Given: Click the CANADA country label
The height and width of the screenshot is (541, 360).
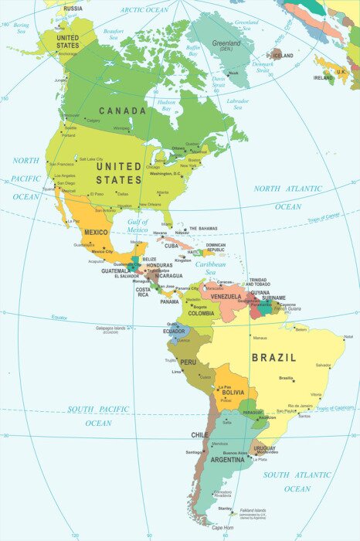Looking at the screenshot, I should point(121,111).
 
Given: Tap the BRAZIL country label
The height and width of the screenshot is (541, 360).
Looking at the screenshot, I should point(273,358).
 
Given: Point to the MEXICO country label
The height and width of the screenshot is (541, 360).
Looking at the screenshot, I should point(96,233).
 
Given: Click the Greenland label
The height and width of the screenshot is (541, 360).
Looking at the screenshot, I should point(226,44).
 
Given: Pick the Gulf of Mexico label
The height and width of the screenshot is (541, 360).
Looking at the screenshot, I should point(138,226).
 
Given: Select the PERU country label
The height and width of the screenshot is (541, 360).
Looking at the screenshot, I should point(188,362).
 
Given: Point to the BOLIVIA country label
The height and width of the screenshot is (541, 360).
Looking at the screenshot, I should point(233,393).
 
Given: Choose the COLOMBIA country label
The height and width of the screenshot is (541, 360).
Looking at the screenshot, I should point(201,313).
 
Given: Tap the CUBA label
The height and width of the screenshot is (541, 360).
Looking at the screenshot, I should point(172,246).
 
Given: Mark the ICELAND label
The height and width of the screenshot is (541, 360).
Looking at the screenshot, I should point(284,56).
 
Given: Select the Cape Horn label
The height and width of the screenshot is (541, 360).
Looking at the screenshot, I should point(222,528).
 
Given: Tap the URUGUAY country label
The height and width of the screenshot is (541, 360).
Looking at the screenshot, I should point(264,448).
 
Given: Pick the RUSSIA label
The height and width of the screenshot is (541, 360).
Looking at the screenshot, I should point(73,9).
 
